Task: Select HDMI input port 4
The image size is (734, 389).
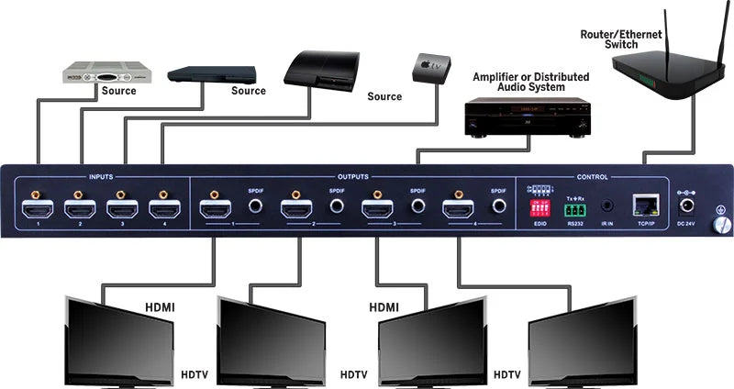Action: tap(163, 208)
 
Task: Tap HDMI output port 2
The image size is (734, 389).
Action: tap(297, 208)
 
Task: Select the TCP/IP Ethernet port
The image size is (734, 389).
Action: tap(642, 206)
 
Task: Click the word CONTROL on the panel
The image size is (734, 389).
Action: tap(592, 176)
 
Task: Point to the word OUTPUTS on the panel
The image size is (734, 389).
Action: tap(352, 176)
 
